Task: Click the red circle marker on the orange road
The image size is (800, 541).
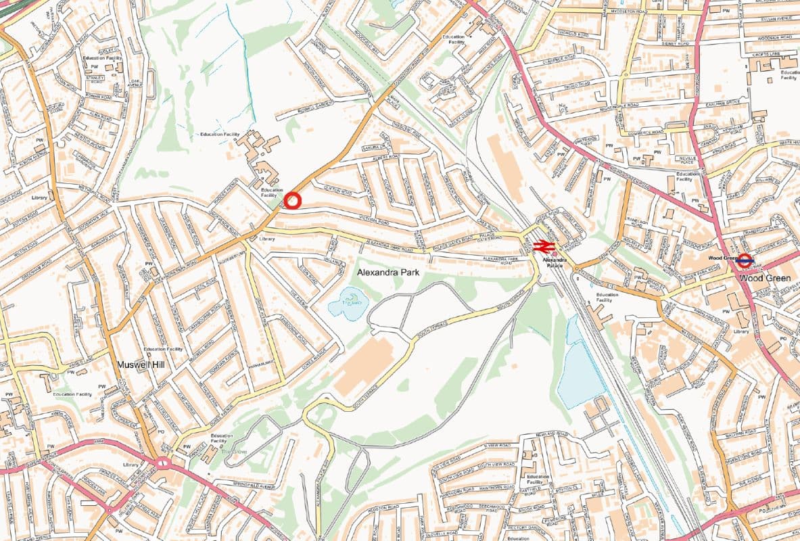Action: pos(292,201)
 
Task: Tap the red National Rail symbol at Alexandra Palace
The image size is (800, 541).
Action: pos(544,247)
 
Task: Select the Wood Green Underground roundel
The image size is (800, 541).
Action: pos(745,259)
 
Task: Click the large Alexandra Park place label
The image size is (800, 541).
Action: pos(389,272)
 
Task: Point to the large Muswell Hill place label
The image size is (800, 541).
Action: pos(145,364)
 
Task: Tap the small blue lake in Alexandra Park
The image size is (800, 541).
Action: pos(347,302)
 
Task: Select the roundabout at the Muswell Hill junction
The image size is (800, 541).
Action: pos(162,463)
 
